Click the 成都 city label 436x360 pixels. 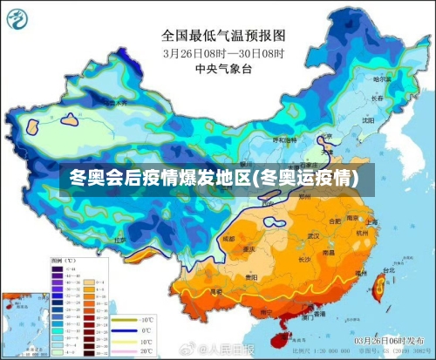tap(228, 238)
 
